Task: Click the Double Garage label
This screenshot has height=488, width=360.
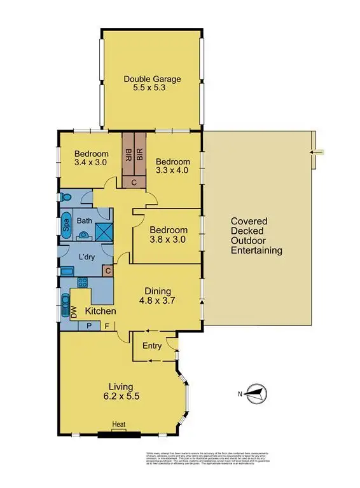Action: [152, 84]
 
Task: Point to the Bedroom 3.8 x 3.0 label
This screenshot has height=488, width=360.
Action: [169, 234]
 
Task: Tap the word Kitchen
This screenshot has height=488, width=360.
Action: [100, 311]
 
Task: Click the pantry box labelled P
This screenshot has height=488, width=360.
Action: [88, 326]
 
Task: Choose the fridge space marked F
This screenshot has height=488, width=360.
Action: [107, 326]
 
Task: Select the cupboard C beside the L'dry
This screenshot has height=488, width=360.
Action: [108, 271]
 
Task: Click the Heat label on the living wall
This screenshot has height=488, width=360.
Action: [118, 425]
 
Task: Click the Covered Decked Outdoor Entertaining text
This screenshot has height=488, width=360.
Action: [256, 236]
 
